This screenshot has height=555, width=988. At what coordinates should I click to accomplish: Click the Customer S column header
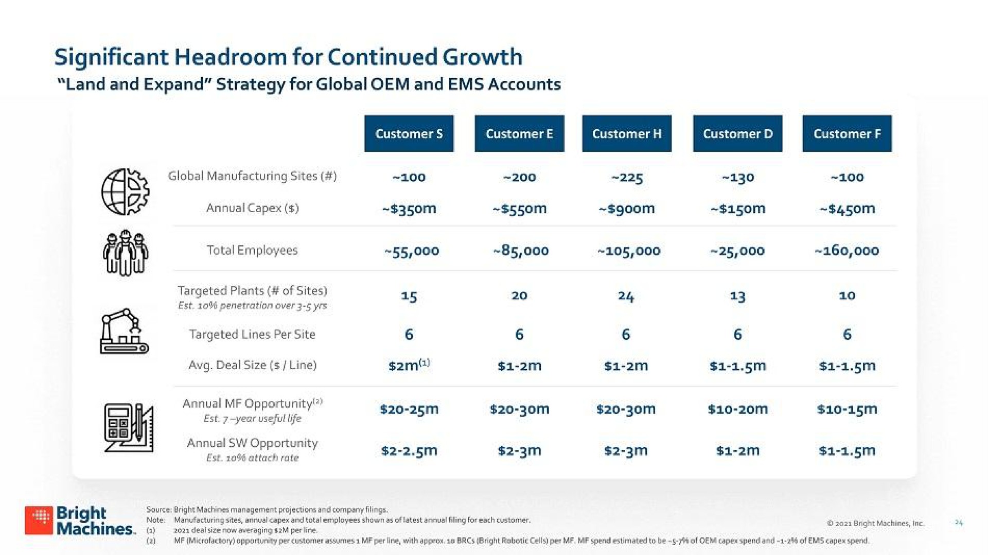pyautogui.click(x=409, y=133)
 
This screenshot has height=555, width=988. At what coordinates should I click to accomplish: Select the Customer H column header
pyautogui.click(x=627, y=133)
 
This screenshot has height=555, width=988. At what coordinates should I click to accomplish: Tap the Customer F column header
pyautogui.click(x=847, y=133)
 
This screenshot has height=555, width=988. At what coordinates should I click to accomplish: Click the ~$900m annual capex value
pyautogui.click(x=627, y=209)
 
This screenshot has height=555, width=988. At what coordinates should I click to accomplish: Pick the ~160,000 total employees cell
pyautogui.click(x=847, y=251)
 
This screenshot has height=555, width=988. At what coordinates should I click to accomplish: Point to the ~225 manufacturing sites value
pyautogui.click(x=627, y=178)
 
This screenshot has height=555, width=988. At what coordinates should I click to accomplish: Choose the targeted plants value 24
pyautogui.click(x=626, y=296)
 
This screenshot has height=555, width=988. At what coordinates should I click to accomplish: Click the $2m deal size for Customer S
pyautogui.click(x=409, y=365)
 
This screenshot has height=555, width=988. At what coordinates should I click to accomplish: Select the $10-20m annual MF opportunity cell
pyautogui.click(x=737, y=409)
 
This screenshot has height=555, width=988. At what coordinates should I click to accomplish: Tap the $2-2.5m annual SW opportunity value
pyautogui.click(x=409, y=450)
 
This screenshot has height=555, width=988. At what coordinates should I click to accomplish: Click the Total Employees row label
pyautogui.click(x=252, y=250)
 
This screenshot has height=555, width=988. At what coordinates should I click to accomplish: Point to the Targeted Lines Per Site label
pyautogui.click(x=252, y=334)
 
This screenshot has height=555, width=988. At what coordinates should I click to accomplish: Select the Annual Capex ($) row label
pyautogui.click(x=252, y=208)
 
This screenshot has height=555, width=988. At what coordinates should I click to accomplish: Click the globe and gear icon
pyautogui.click(x=125, y=192)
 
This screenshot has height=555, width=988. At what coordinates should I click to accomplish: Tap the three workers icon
pyautogui.click(x=126, y=253)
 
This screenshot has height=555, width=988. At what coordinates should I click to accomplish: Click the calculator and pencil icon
pyautogui.click(x=129, y=428)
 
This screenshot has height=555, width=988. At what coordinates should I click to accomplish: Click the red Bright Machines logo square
pyautogui.click(x=39, y=520)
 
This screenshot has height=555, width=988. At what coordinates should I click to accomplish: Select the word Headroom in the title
pyautogui.click(x=230, y=57)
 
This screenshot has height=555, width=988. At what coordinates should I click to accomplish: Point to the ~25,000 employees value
pyautogui.click(x=737, y=251)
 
